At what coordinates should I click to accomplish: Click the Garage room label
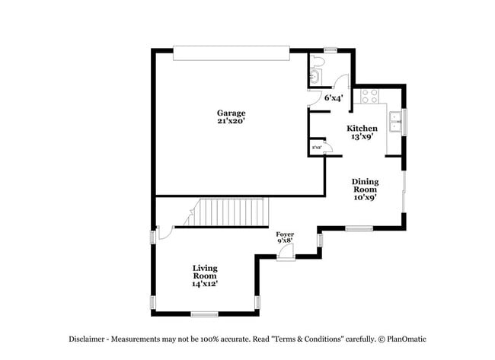pyautogui.click(x=232, y=113)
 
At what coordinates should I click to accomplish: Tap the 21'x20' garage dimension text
pyautogui.click(x=232, y=121)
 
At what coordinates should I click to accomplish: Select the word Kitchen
pyautogui.click(x=362, y=128)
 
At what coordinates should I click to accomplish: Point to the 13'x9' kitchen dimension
pyautogui.click(x=362, y=137)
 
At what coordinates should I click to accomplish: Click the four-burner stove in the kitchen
pyautogui.click(x=369, y=96)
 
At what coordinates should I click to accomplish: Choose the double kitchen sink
pyautogui.click(x=395, y=122)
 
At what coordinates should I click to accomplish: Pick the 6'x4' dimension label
pyautogui.click(x=333, y=97)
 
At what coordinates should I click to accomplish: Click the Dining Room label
pyautogui.click(x=364, y=185)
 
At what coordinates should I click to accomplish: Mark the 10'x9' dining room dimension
pyautogui.click(x=364, y=196)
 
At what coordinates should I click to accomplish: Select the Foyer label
pyautogui.click(x=285, y=234)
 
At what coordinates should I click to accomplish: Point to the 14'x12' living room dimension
pyautogui.click(x=205, y=284)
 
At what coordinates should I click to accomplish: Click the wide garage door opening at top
pyautogui.click(x=232, y=53)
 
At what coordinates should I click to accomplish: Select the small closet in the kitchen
pyautogui.click(x=316, y=148)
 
